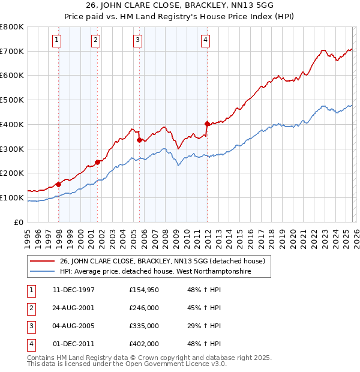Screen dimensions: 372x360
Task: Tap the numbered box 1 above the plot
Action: tap(56, 40)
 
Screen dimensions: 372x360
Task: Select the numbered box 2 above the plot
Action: tap(96, 40)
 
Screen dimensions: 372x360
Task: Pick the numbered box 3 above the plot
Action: tap(137, 40)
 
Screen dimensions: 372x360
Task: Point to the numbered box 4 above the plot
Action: tap(205, 40)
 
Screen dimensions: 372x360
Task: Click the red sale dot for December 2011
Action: tap(207, 124)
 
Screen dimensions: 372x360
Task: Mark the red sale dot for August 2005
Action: tap(140, 140)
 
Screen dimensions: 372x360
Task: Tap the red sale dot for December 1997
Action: tap(59, 184)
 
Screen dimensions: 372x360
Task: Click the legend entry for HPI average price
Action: tap(154, 271)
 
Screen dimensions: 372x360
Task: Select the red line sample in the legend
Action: tap(43, 261)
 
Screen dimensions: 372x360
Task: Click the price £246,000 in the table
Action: tap(144, 308)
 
